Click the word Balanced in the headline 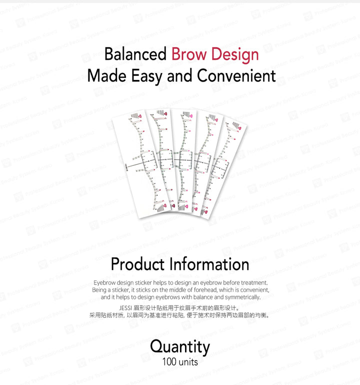pos(135,54)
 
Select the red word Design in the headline pos(234,54)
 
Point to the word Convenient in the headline pos(236,76)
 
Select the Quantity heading pos(180,346)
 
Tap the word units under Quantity pos(188,361)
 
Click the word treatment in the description pos(252,282)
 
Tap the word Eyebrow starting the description pos(104,282)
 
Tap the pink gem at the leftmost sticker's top pos(141,118)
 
